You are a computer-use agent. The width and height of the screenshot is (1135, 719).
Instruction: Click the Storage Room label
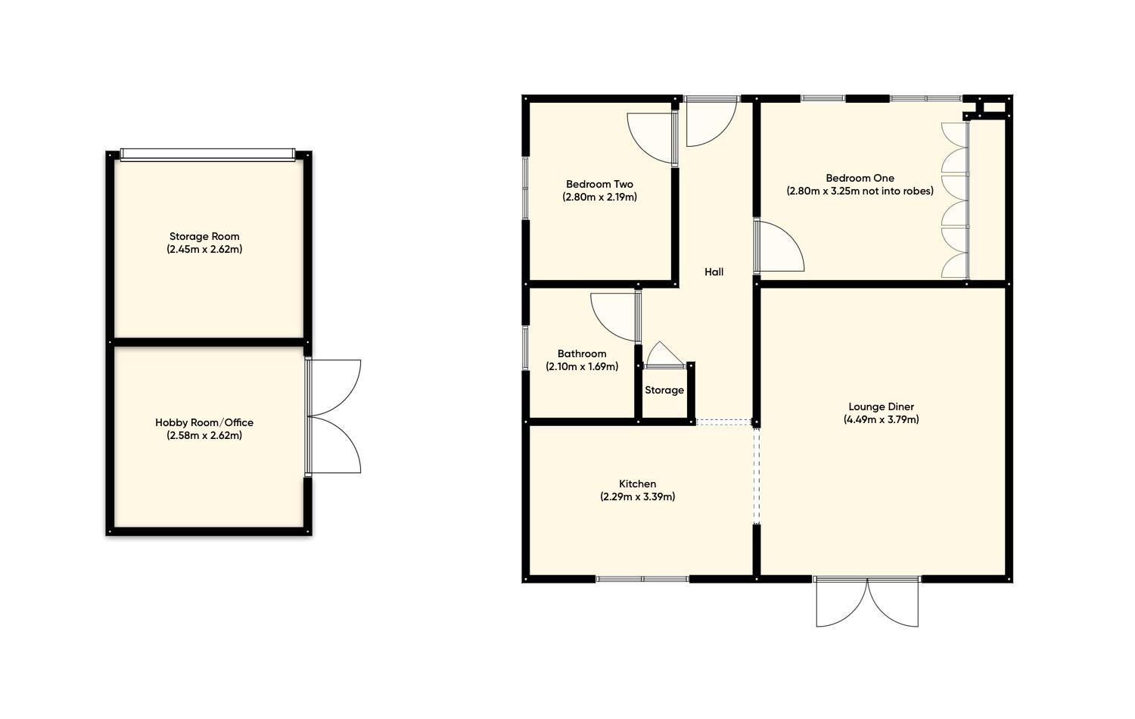(x=204, y=236)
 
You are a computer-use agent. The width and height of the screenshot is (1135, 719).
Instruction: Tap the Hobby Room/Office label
(x=204, y=422)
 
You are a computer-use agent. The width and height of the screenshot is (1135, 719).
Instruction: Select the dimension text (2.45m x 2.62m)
(x=204, y=249)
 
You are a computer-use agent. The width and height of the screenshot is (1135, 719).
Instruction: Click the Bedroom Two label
(x=599, y=184)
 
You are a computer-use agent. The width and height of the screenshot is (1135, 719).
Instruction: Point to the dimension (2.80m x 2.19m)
(x=599, y=197)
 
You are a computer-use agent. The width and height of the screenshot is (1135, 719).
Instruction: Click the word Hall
(x=714, y=272)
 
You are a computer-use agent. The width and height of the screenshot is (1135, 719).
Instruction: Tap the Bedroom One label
(x=860, y=178)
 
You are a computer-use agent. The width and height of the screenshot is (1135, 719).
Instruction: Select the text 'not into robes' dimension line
(x=860, y=191)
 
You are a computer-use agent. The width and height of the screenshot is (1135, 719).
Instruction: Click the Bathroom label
(x=582, y=353)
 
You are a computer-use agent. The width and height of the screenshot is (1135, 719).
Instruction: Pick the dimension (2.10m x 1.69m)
(x=582, y=366)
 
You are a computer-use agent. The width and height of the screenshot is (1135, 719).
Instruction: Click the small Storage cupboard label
(x=664, y=391)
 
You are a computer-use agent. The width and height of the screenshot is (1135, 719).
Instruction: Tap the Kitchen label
(x=637, y=484)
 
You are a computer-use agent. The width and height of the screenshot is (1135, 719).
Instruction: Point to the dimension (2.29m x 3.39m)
(x=637, y=496)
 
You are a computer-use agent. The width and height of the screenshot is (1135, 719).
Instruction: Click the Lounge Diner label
(x=881, y=406)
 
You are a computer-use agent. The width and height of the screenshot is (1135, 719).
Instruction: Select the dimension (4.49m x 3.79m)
(x=881, y=419)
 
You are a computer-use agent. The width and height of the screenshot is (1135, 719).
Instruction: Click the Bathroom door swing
(x=614, y=316)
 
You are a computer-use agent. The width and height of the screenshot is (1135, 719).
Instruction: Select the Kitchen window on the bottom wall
(x=642, y=579)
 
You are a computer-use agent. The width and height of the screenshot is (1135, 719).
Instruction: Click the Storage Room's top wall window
(x=207, y=154)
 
